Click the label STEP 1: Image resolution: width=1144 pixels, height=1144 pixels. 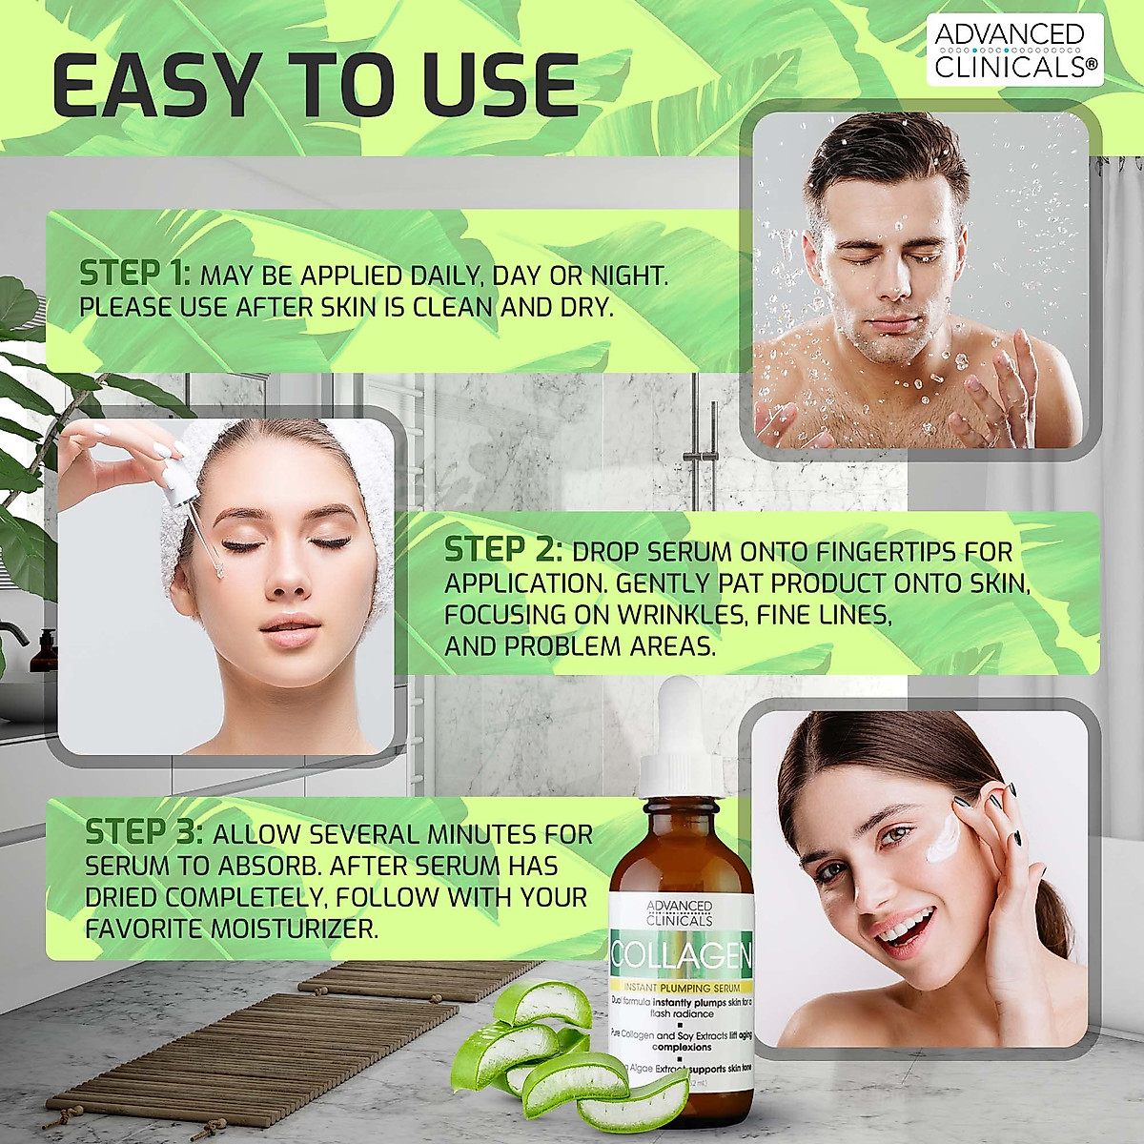pyautogui.click(x=134, y=274)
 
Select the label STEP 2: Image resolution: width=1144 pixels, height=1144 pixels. pyautogui.click(x=502, y=550)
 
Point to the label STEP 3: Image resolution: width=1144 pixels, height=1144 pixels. pyautogui.click(x=144, y=832)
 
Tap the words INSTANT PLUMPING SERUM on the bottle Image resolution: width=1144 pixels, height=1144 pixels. pyautogui.click(x=681, y=987)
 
